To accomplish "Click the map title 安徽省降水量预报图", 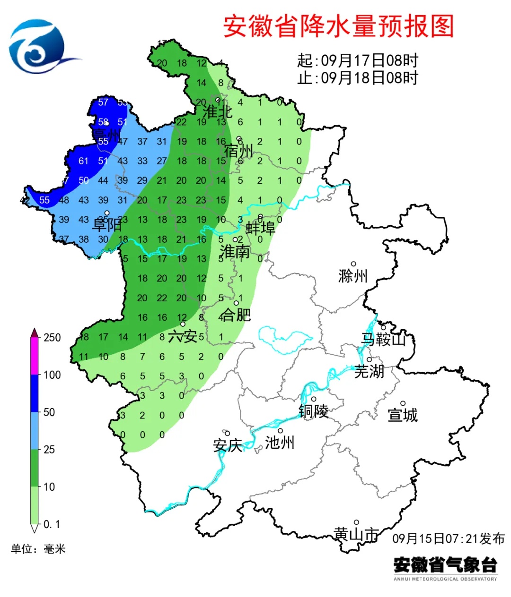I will pyautogui.click(x=338, y=26).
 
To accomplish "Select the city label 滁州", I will pyautogui.click(x=353, y=276).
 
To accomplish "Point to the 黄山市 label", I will pyautogui.click(x=356, y=534).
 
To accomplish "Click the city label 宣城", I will pyautogui.click(x=403, y=415).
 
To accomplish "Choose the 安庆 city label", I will pyautogui.click(x=228, y=445).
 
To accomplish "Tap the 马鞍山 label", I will pyautogui.click(x=383, y=339).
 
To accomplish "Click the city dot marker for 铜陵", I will pyautogui.click(x=314, y=399).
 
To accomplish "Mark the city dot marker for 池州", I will pyautogui.click(x=280, y=431).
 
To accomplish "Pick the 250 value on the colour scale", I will pyautogui.click(x=52, y=337).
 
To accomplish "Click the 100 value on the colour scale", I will pyautogui.click(x=52, y=375).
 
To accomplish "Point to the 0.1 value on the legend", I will pyautogui.click(x=52, y=524).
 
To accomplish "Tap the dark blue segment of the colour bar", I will pyautogui.click(x=35, y=393).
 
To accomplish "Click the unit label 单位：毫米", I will pyautogui.click(x=38, y=549).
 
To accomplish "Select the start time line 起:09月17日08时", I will pyautogui.click(x=358, y=60).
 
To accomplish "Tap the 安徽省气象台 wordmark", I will pyautogui.click(x=445, y=564).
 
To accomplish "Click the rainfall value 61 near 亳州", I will pyautogui.click(x=83, y=161).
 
